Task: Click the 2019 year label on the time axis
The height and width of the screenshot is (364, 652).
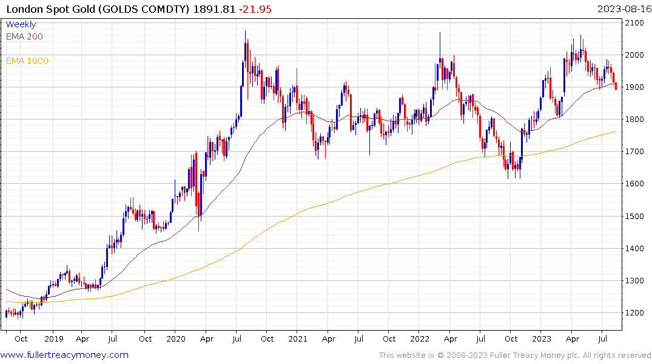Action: pyautogui.click(x=53, y=339)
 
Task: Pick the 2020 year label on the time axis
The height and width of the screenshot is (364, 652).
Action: pyautogui.click(x=175, y=339)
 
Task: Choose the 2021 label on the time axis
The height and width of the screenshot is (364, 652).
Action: pyautogui.click(x=298, y=339)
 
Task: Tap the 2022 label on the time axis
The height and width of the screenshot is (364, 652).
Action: pyautogui.click(x=420, y=339)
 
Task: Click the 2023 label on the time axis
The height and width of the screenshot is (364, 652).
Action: pyautogui.click(x=542, y=339)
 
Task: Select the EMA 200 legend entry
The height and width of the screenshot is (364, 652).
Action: pyautogui.click(x=24, y=36)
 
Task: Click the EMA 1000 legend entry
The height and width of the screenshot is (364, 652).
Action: pyautogui.click(x=27, y=61)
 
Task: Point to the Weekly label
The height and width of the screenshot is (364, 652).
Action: pyautogui.click(x=21, y=25)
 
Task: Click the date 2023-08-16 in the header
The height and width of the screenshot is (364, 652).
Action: pyautogui.click(x=623, y=8)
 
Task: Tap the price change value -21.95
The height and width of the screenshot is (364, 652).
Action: pyautogui.click(x=255, y=8)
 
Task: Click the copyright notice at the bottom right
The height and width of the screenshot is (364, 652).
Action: pyautogui.click(x=515, y=355)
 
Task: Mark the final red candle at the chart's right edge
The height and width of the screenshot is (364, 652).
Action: pyautogui.click(x=616, y=86)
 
